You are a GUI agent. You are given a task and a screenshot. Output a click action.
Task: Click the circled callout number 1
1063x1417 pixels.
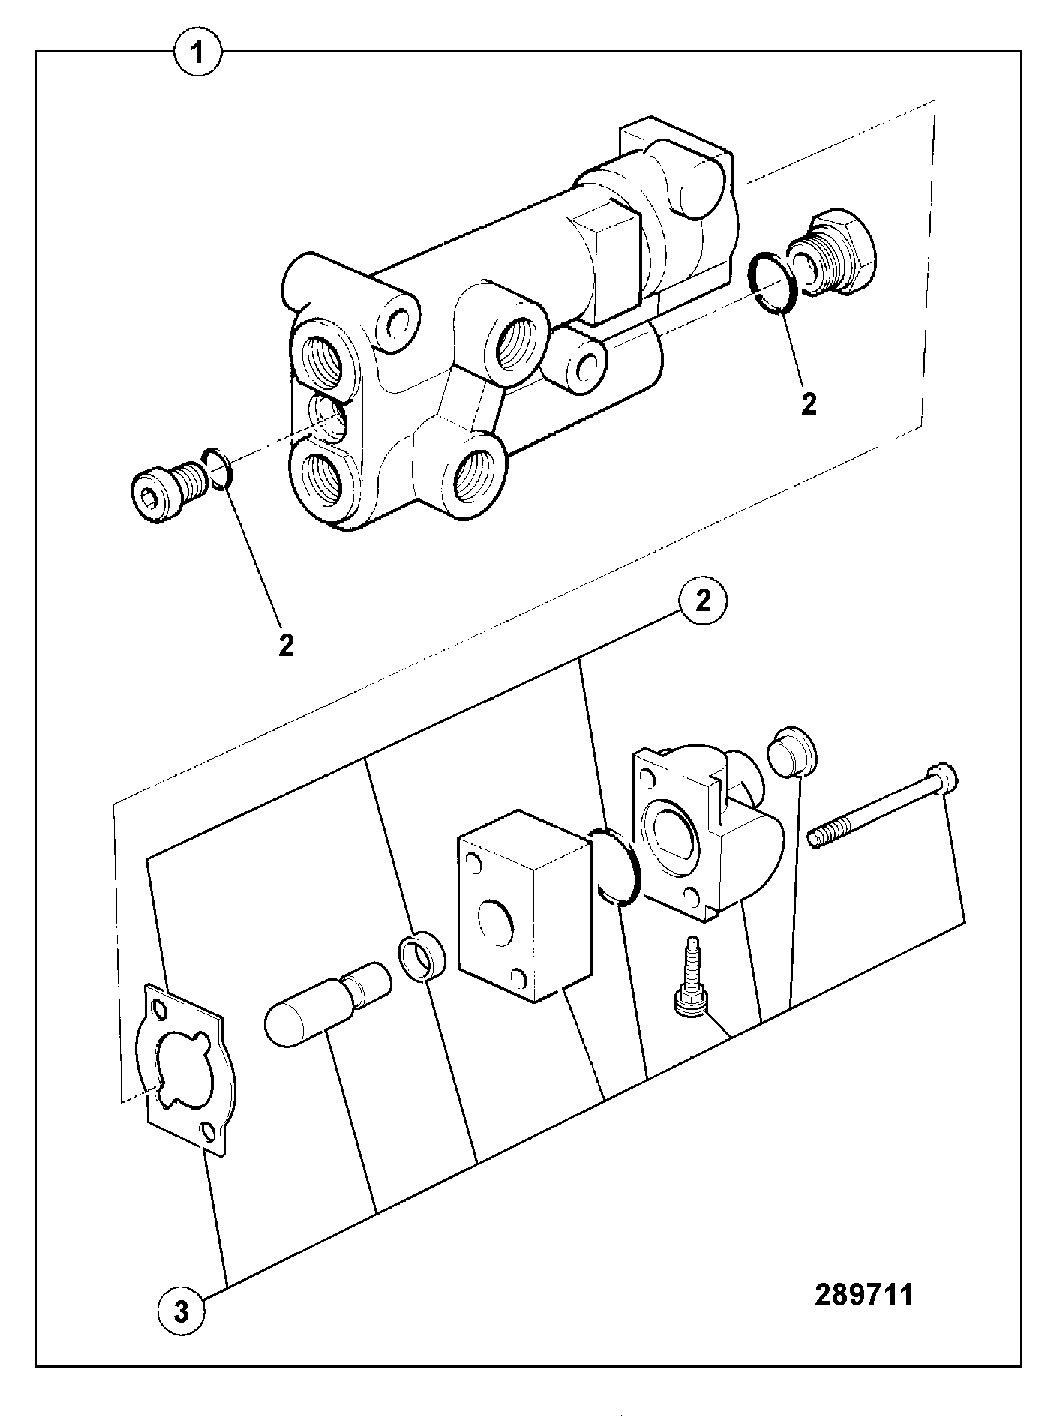[x=198, y=53]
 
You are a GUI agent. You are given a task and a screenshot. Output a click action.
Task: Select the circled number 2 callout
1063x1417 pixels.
[x=703, y=602]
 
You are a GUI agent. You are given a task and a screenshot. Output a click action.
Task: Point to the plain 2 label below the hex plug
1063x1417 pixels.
[x=809, y=404]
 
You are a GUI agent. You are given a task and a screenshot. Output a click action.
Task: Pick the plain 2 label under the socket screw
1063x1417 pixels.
[x=286, y=645]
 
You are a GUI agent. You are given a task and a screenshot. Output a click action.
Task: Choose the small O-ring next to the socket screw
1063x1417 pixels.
[x=218, y=469]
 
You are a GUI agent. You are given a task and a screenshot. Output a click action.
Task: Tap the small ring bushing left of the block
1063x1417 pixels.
[x=422, y=957]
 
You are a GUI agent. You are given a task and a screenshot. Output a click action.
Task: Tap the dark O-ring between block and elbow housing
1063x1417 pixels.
[x=615, y=865]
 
